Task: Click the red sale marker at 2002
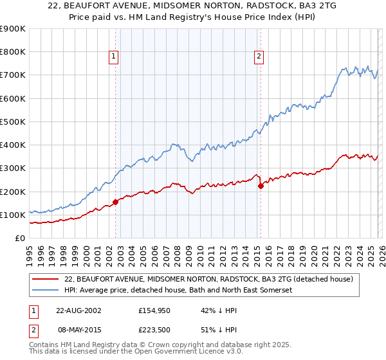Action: [116, 202]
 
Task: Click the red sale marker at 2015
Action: [261, 186]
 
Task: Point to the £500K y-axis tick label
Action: [13, 122]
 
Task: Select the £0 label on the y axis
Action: [19, 238]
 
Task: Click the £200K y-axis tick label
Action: [13, 192]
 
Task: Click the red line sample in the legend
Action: [46, 280]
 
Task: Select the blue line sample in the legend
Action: [46, 291]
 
